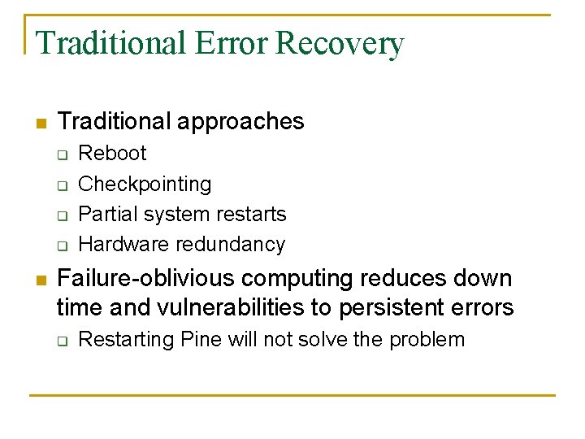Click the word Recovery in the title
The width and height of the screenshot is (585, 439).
coord(340,43)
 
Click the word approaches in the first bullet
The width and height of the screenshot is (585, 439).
coord(240,122)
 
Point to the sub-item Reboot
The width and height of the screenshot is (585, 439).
coord(112,154)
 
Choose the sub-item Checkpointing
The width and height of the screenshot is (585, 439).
coord(145,185)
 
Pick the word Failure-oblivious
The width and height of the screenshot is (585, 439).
coord(145,279)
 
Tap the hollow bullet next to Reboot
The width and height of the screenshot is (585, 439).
coord(62,154)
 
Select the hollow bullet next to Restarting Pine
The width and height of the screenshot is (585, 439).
coord(62,341)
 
